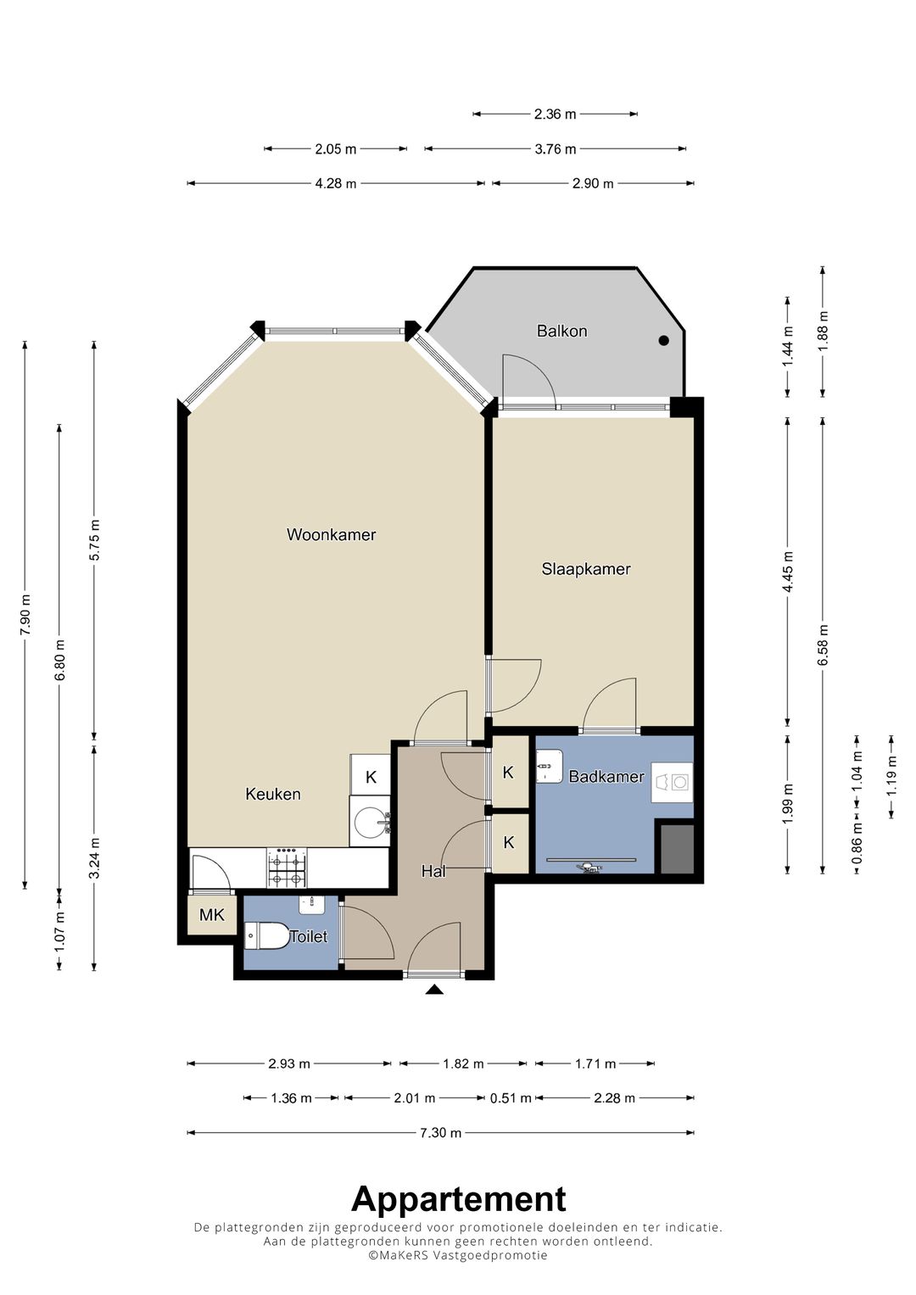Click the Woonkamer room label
pos(332,535)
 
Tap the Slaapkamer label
pos(586,569)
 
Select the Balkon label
pos(561,332)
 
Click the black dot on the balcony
pos(664,341)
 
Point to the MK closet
pos(212,914)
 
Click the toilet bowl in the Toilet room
pos(266,936)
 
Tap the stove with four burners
pos(287,868)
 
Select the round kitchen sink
pos(370,822)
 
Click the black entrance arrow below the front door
pos(434,990)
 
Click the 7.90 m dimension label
pos(25,614)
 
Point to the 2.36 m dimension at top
pos(556,114)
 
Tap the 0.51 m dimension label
pos(511,1098)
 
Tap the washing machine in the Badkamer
pos(673,782)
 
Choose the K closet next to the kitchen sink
pos(371,777)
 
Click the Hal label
pos(433,871)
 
